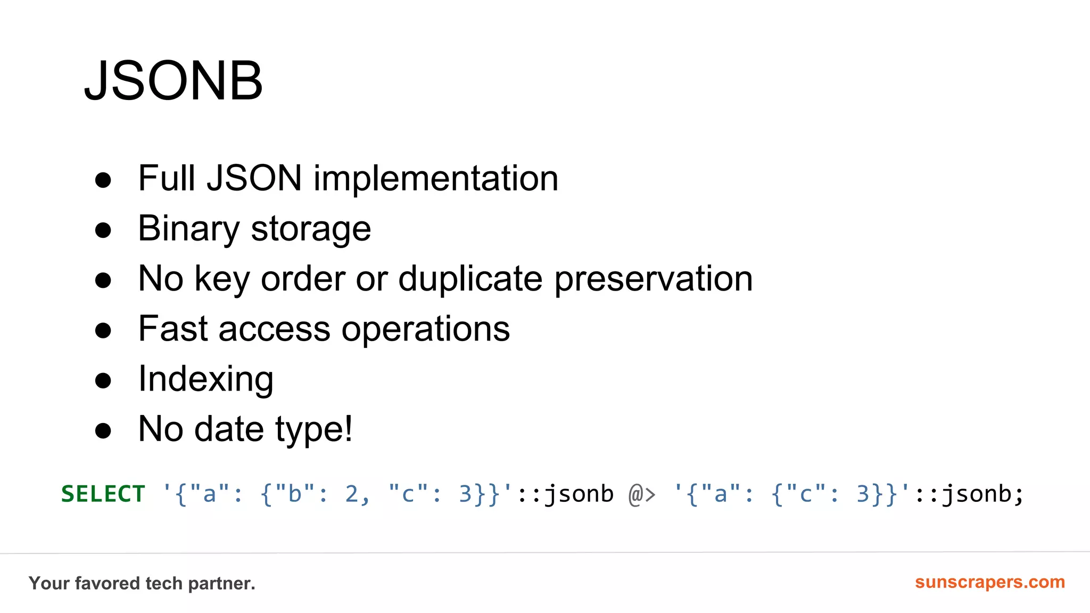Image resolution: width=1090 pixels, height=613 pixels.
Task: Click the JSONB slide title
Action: tap(174, 81)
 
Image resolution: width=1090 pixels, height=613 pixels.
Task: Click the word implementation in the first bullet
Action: tap(436, 178)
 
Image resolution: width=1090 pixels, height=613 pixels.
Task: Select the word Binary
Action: tap(189, 229)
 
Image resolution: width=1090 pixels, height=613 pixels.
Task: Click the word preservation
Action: tap(654, 279)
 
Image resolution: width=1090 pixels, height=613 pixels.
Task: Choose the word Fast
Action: tap(173, 329)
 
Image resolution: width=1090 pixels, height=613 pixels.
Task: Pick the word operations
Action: tap(426, 330)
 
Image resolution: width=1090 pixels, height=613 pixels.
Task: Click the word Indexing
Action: tap(206, 379)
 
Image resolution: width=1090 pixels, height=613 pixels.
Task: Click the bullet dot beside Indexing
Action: tap(103, 380)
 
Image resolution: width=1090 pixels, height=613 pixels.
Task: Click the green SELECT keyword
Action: tap(103, 494)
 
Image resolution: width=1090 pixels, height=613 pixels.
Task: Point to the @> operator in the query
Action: tap(642, 494)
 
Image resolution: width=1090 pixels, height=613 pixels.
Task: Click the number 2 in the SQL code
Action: tap(351, 494)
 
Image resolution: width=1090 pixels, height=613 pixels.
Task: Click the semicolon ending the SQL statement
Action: tap(1019, 495)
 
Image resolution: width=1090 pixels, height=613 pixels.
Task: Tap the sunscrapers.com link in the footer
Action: tap(990, 582)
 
